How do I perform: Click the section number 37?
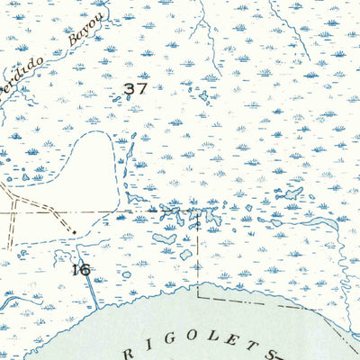tap(135, 89)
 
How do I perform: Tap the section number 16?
tap(80, 268)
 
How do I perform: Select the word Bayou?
tap(86, 30)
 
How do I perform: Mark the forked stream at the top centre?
tap(207, 36)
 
